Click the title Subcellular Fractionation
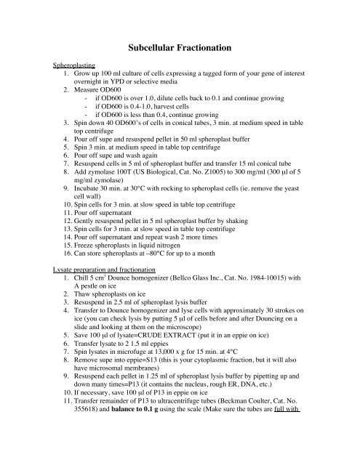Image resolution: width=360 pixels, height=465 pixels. click(x=180, y=47)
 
